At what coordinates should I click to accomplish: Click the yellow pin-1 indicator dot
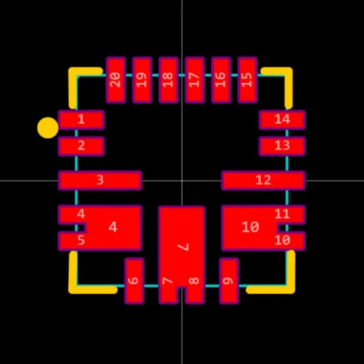[x=48, y=128]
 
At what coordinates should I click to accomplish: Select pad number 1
[x=81, y=120]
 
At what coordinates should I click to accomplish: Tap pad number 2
[x=81, y=146]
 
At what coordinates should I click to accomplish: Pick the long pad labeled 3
[x=100, y=181]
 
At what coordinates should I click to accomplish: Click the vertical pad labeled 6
[x=134, y=281]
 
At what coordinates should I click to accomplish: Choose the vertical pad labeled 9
[x=229, y=281]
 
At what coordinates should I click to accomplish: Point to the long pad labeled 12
[x=263, y=181]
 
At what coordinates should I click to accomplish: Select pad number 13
[x=282, y=146]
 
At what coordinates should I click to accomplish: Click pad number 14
[x=282, y=120]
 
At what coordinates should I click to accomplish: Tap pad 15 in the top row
[x=248, y=80]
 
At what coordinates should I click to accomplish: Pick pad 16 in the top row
[x=221, y=80]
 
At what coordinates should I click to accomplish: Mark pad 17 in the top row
[x=195, y=80]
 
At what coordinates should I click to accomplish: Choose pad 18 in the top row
[x=168, y=80]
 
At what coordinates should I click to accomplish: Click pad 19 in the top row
[x=142, y=80]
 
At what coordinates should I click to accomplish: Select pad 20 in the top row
[x=116, y=80]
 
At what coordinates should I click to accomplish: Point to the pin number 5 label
[x=81, y=240]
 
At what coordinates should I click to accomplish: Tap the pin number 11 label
[x=282, y=214]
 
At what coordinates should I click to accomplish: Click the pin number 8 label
[x=194, y=281]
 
